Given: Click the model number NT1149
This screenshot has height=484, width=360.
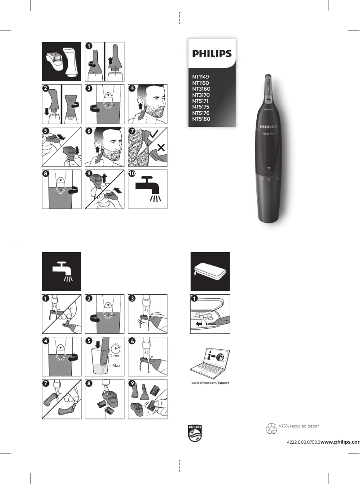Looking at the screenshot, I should (x=201, y=77).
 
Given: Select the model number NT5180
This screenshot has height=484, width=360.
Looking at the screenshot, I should (x=201, y=119).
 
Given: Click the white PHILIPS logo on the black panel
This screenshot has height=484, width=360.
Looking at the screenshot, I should (x=212, y=54).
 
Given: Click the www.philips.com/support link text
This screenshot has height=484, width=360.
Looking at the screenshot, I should (x=210, y=383).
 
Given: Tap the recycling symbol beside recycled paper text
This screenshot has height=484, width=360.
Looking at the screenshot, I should (x=272, y=429).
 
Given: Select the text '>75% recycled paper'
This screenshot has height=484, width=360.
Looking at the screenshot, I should (x=299, y=426).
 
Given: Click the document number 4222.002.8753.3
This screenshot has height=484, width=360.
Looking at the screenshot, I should (x=303, y=442).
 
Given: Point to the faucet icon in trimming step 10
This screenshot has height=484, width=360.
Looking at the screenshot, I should (x=148, y=188).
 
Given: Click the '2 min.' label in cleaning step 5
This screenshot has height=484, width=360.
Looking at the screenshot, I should (x=116, y=356).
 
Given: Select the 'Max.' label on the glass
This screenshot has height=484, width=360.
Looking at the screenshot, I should (x=117, y=366).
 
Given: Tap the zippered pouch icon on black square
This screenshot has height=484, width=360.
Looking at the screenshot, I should (x=210, y=271).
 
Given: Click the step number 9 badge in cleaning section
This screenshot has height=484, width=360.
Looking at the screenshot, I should (x=132, y=384).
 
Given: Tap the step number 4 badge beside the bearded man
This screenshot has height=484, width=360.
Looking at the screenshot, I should (x=132, y=88).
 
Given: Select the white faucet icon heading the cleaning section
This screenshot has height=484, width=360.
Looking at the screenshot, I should (x=61, y=271).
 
